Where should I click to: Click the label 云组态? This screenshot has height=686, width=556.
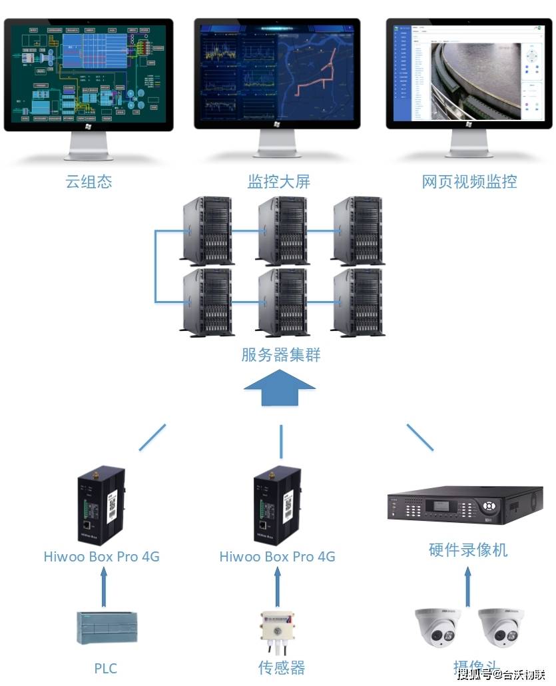click(x=89, y=182)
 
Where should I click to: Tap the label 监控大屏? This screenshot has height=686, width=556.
click(x=278, y=182)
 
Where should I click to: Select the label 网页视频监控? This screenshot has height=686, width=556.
click(x=469, y=182)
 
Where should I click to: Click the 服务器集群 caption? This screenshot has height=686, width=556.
click(x=280, y=354)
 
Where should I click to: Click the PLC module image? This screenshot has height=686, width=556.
click(x=106, y=627)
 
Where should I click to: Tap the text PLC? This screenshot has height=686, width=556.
click(x=106, y=667)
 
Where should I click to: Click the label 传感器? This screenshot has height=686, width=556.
click(x=281, y=667)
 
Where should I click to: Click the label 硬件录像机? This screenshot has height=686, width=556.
click(x=468, y=549)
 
